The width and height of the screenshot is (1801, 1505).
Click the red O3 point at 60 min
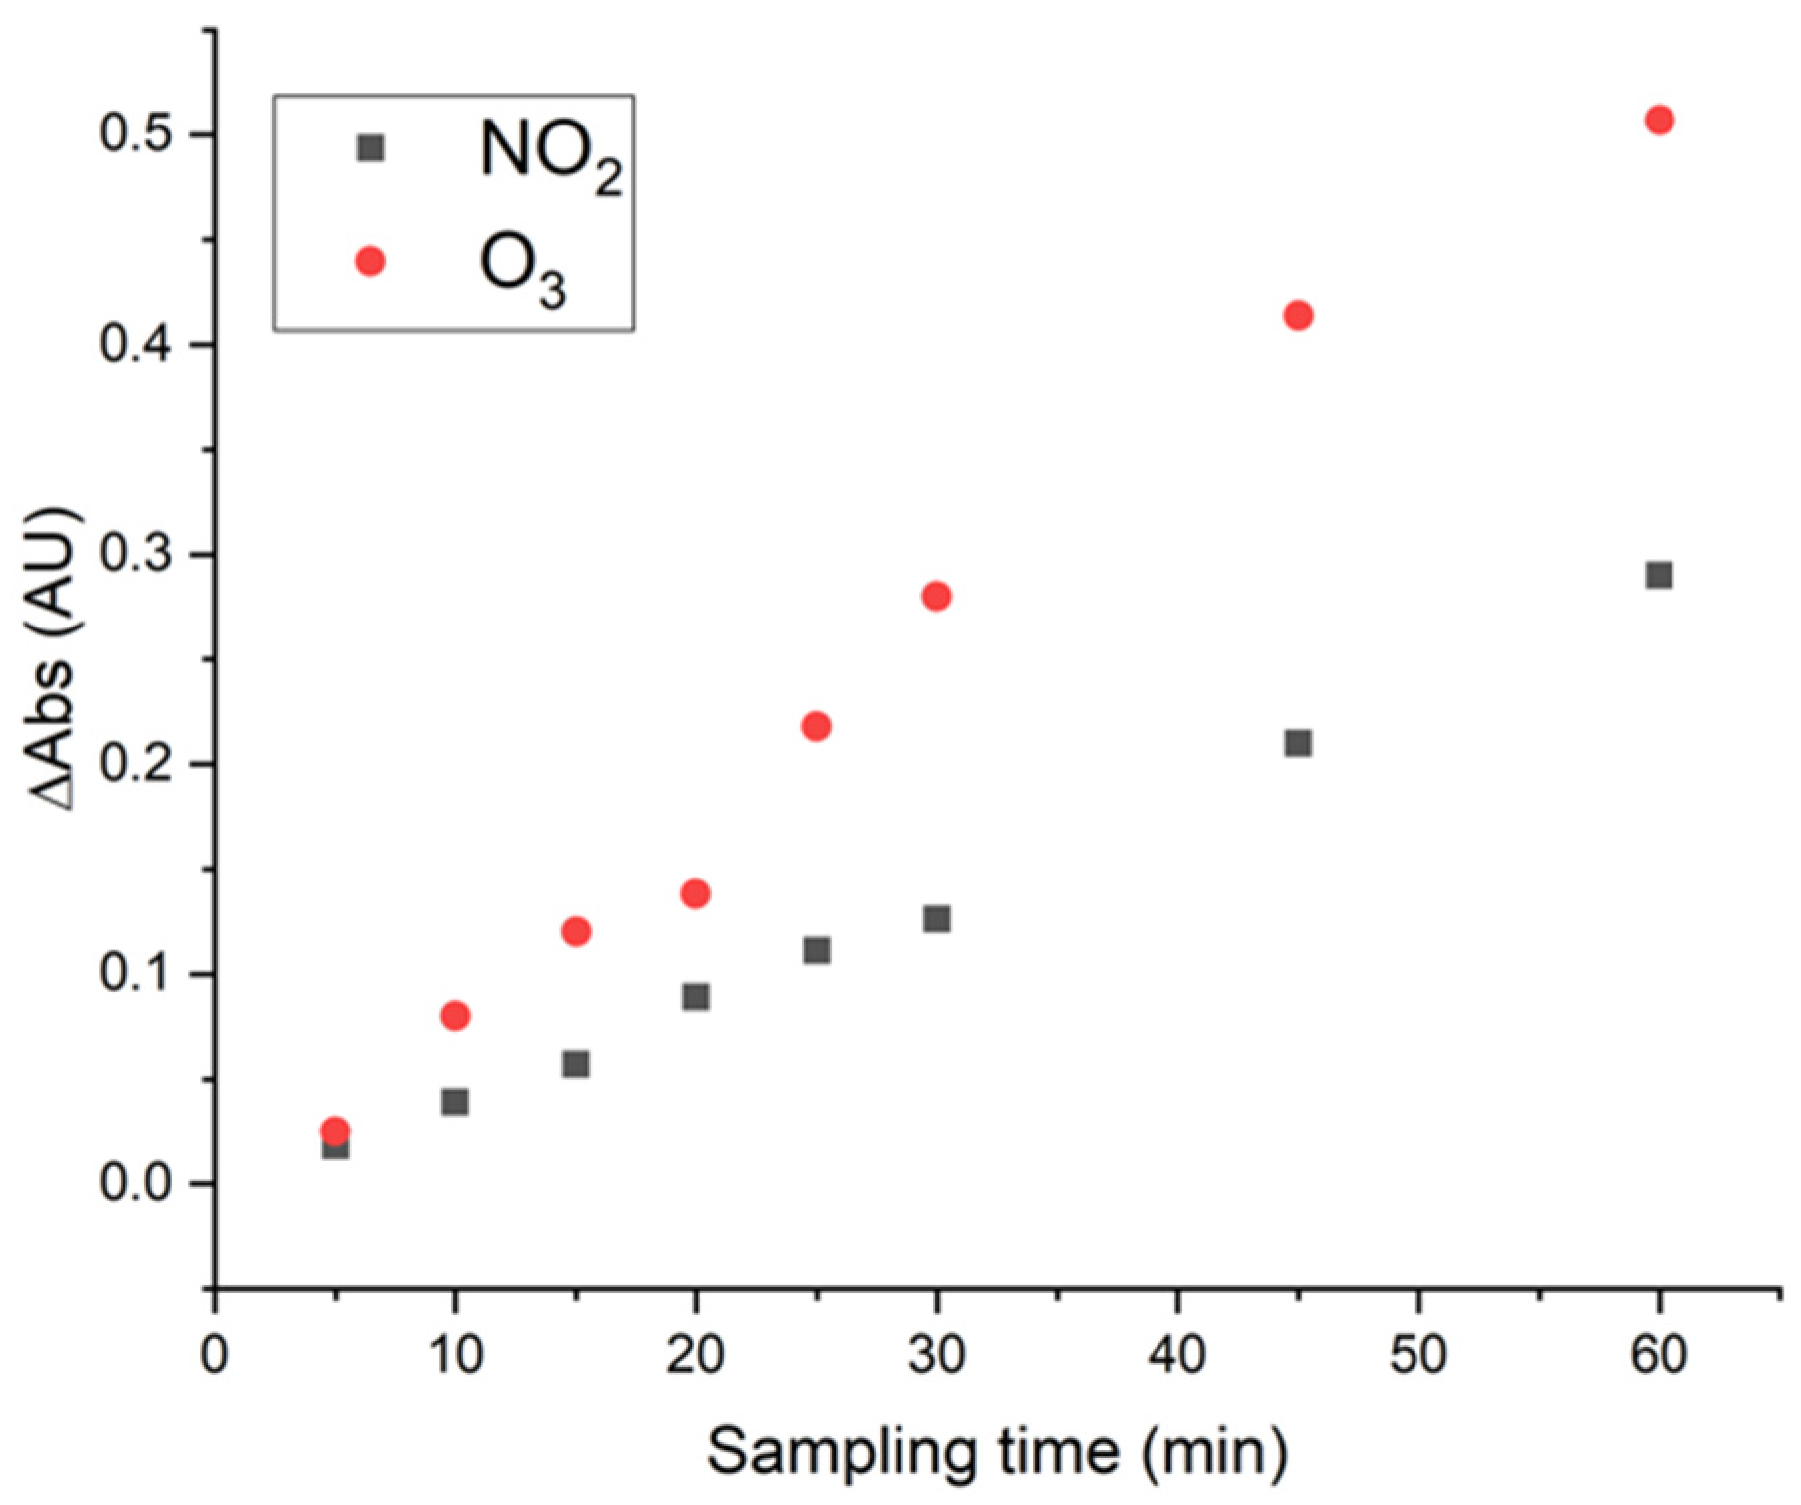1659,121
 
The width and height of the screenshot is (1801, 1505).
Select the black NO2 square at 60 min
1659,575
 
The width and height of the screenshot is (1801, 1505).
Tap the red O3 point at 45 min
1298,316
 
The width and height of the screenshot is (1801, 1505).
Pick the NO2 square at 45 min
1298,743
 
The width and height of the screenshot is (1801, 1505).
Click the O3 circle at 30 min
936,597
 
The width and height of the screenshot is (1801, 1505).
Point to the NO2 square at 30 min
936,918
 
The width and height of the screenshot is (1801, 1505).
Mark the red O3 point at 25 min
816,727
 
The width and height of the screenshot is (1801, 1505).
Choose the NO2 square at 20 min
696,997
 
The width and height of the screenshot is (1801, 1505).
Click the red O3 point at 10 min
455,1016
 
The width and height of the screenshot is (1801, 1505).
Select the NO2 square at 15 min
576,1064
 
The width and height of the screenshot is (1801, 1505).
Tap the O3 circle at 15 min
576,932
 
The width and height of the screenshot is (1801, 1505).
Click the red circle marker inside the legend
370,262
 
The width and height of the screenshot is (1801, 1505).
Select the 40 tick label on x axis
1177,1356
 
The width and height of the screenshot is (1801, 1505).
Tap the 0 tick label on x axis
214,1356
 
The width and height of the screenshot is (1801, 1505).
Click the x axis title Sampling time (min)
996,1451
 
